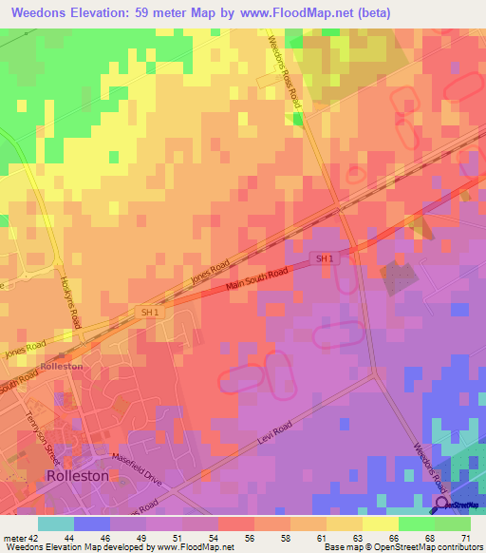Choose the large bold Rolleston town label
click(78, 475)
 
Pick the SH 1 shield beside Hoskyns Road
click(150, 311)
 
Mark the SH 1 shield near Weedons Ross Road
click(325, 258)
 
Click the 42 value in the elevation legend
click(43, 537)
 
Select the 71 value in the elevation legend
click(464, 537)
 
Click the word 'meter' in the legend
click(15, 537)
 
